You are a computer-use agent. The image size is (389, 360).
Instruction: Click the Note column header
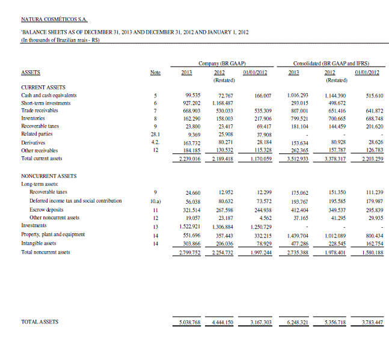click(155, 72)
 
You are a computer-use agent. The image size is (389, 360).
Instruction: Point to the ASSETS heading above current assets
click(31, 72)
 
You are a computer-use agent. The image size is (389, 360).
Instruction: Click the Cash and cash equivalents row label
click(49, 95)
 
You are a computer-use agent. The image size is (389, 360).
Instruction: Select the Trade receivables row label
click(40, 111)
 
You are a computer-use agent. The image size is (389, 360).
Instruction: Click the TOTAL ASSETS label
click(40, 322)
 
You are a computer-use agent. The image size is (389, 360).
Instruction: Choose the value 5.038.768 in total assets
click(190, 323)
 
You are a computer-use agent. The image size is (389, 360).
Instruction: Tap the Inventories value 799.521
click(299, 119)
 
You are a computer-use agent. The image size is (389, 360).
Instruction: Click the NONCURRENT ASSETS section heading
click(49, 175)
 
